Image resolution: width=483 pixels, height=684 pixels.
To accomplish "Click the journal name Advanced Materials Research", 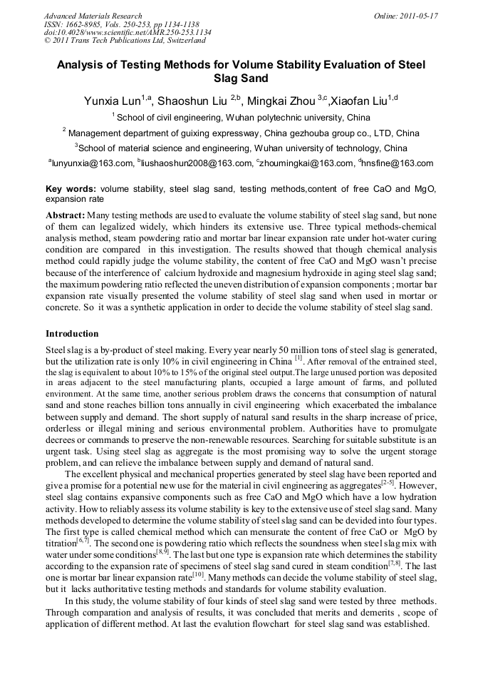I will (x=93, y=16).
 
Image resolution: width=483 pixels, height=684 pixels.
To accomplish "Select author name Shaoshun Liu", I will (x=194, y=101).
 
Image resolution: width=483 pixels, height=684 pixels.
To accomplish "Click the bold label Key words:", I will (x=71, y=189).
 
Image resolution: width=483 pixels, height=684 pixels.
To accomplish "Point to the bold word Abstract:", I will (x=66, y=215).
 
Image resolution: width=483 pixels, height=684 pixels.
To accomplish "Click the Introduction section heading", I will (x=72, y=334).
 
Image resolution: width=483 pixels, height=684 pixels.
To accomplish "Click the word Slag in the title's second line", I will (x=226, y=78).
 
